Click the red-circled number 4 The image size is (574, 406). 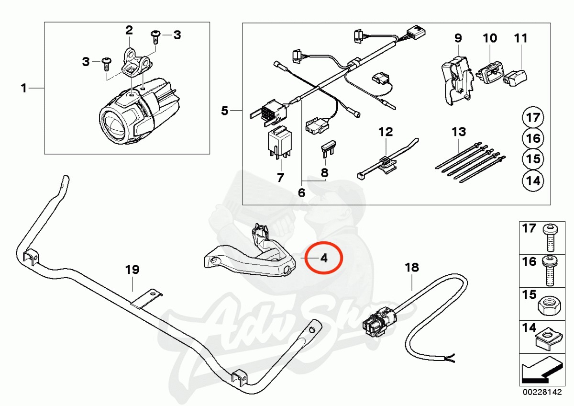324,258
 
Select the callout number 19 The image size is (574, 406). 132,270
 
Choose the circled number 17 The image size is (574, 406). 533,117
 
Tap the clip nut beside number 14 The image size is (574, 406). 548,342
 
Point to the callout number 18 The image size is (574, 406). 412,268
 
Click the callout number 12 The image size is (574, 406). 386,132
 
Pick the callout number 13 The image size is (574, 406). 459,132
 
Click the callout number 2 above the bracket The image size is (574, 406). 129,31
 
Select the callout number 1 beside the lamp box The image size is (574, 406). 24,88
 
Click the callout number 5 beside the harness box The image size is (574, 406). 224,111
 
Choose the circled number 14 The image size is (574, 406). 533,181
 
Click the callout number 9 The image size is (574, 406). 458,38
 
